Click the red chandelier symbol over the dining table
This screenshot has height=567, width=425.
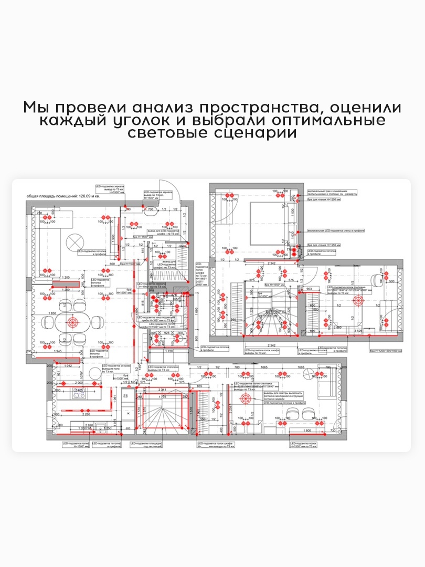click(x=72, y=322)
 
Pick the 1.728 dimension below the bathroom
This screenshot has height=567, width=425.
click(x=168, y=351)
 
